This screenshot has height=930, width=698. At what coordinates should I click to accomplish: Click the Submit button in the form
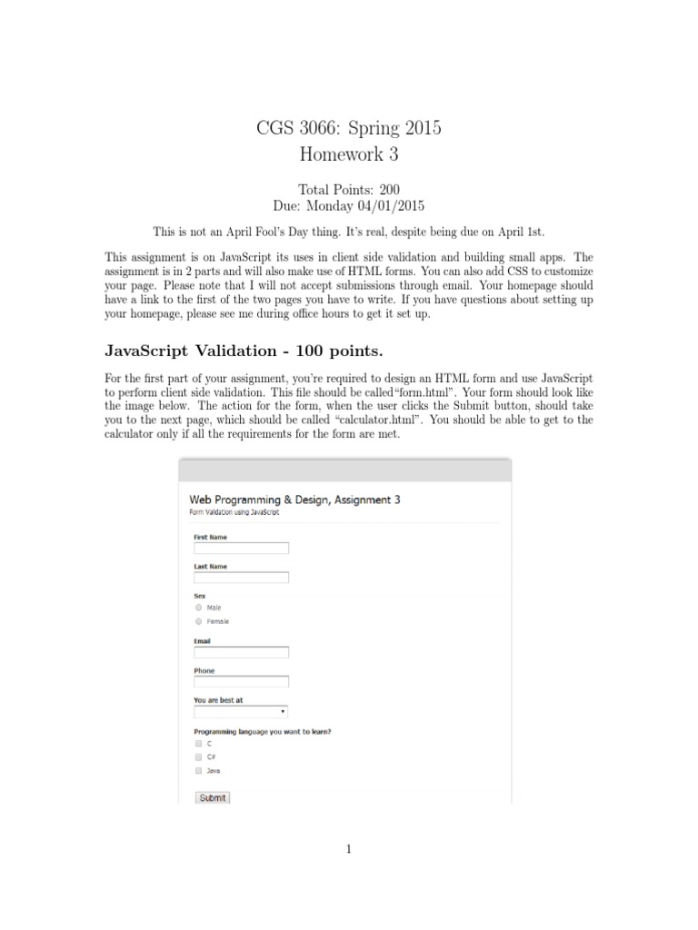(213, 798)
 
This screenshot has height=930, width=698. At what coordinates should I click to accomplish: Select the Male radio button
(198, 607)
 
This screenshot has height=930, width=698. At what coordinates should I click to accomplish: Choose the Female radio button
(198, 621)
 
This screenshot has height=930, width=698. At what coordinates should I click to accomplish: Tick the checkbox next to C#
(198, 756)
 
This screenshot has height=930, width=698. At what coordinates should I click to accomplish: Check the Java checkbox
(198, 770)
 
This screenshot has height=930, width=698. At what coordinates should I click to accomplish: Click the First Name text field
(241, 549)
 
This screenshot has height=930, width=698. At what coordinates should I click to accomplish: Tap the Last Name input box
(241, 578)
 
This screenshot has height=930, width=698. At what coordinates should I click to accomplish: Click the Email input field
(241, 652)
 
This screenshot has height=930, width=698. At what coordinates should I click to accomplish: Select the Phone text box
(241, 682)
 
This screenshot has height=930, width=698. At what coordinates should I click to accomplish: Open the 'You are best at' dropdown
(241, 712)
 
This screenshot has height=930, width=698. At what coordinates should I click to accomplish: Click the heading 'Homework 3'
(349, 154)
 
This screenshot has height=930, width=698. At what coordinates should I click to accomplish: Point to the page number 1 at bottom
(349, 849)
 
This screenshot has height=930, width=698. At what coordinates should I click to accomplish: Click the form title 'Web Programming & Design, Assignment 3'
(294, 499)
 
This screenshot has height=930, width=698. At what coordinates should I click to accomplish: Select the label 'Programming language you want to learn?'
(263, 731)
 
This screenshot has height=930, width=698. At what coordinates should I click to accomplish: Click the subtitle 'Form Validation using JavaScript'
(234, 512)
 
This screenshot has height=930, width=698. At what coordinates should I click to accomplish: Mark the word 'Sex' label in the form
(200, 596)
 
